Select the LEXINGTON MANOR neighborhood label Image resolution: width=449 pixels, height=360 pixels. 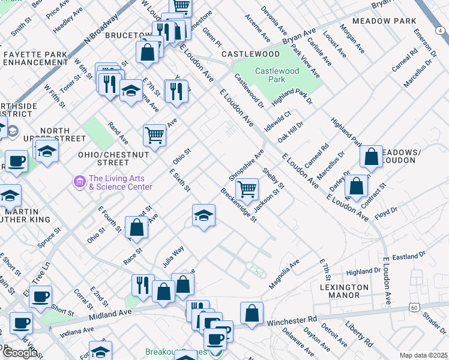(344, 292)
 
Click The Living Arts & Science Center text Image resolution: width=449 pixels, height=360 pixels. (120, 182)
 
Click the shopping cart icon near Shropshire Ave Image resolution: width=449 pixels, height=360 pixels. (247, 189)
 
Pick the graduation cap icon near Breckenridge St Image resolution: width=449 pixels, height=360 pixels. (204, 215)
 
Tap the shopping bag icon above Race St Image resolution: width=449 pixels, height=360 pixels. (137, 227)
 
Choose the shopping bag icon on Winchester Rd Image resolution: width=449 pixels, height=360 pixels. (252, 313)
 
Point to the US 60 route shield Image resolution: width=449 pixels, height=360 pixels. (415, 307)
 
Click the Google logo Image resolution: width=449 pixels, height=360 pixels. (19, 353)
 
